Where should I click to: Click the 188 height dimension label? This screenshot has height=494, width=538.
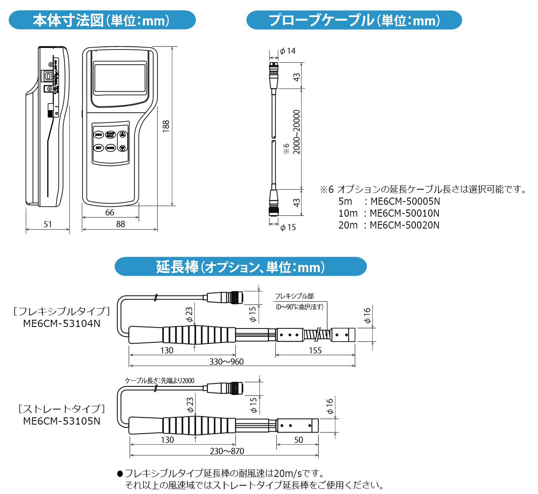(166, 126)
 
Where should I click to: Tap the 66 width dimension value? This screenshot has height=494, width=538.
(110, 213)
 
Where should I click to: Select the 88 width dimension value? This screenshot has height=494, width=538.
(121, 225)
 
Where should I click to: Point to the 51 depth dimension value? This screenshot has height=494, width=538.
(48, 225)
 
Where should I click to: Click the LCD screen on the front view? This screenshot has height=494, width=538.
(120, 78)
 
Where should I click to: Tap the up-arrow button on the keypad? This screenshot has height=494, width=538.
(123, 135)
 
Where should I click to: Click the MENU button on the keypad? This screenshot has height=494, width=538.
(98, 135)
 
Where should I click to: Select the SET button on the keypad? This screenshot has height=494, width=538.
(98, 148)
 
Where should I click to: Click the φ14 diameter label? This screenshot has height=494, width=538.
(288, 51)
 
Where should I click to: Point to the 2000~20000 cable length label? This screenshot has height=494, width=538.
(297, 132)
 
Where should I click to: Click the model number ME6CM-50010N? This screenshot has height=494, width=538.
(404, 213)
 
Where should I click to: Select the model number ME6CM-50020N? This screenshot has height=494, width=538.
(404, 225)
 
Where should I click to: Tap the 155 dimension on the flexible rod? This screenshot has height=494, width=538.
(315, 351)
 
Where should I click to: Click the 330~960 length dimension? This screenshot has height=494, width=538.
(227, 362)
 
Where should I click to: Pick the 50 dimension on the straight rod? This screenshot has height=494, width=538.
(299, 440)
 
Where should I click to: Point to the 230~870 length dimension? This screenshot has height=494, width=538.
(227, 452)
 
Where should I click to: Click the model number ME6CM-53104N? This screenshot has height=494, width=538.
(62, 324)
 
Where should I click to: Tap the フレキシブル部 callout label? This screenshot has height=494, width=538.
(294, 296)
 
